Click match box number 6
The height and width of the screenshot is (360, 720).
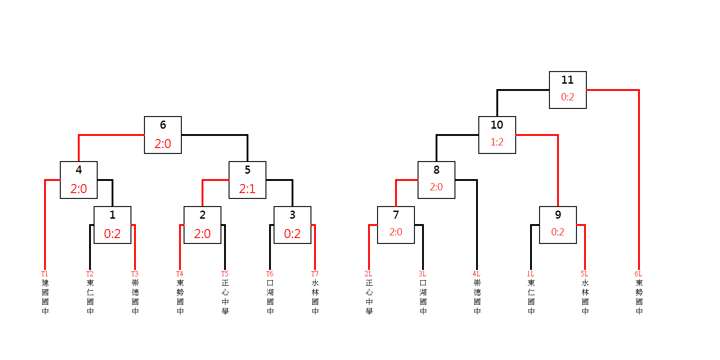coord(162,135)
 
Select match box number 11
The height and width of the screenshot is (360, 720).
coord(567,90)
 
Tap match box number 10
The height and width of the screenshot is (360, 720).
coord(497,135)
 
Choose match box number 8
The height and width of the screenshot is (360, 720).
coord(436,180)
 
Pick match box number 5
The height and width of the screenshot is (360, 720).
coord(247,180)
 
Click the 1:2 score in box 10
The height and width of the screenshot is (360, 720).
coord(497,142)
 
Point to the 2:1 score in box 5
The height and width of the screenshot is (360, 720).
coord(247,189)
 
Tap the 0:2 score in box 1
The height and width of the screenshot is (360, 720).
coord(112,234)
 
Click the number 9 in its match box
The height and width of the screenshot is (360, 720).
coord(558,215)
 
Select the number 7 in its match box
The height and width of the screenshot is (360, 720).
coord(396,215)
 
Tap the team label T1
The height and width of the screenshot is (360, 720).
coord(45,274)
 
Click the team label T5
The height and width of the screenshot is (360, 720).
coord(225,274)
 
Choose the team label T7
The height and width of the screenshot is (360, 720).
coord(315,274)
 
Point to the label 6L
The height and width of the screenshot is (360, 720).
coord(638,274)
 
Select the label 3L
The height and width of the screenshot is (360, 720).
coord(422,274)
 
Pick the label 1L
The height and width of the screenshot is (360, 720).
coord(530,274)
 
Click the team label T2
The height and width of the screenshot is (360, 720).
coord(90,274)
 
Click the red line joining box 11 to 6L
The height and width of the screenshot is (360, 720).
coord(639,180)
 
